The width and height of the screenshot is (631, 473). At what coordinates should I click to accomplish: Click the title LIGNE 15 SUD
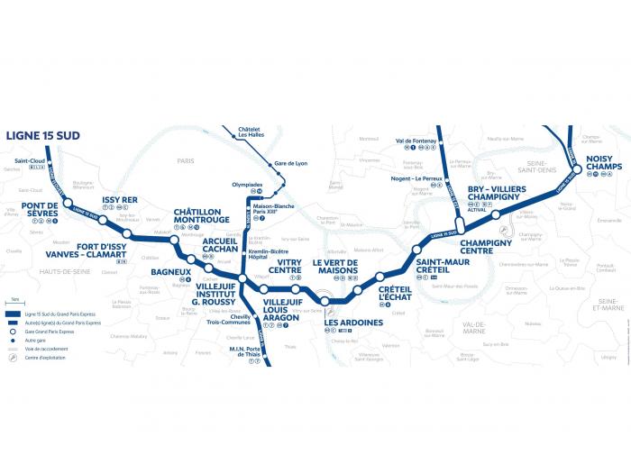(x=43, y=134)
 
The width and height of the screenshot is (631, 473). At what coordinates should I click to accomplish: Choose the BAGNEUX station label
(x=169, y=269)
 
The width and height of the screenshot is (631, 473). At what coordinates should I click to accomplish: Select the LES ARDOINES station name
(x=353, y=322)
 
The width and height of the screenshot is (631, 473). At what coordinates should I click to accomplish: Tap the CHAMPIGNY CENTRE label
(x=486, y=246)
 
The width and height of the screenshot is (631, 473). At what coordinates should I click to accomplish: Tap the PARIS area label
(x=187, y=162)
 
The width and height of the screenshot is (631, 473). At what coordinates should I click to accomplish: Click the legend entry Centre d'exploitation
(x=56, y=359)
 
